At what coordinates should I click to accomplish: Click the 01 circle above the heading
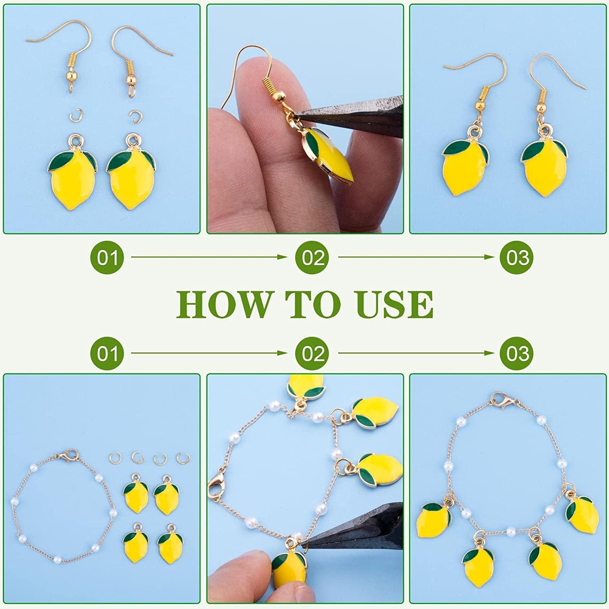point(106,258)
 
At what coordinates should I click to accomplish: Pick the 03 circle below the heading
point(516,354)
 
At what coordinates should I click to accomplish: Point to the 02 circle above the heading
point(312,258)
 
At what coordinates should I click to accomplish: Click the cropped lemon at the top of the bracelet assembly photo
point(305,386)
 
